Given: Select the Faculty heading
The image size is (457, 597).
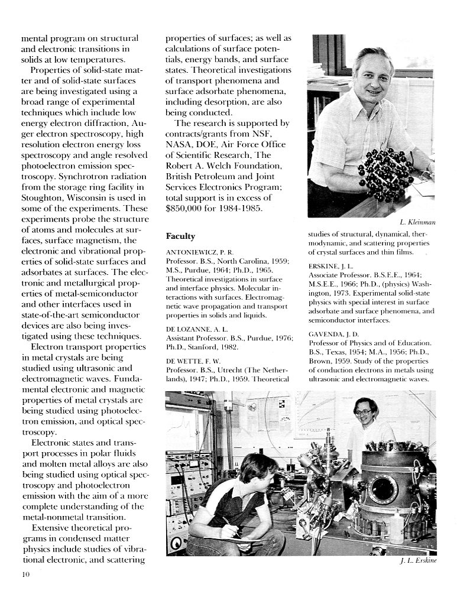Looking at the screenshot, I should pos(180,236).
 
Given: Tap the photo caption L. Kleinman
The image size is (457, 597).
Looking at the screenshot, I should pos(417,223).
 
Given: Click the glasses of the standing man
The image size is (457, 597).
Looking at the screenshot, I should pos(364,412).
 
